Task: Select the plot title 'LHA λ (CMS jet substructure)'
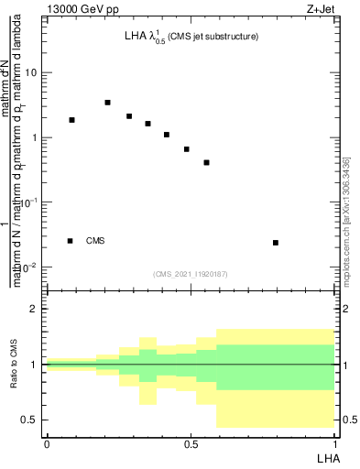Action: [x=191, y=37]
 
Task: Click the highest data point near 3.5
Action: [x=107, y=103]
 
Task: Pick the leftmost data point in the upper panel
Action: [x=71, y=120]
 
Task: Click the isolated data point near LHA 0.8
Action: [x=276, y=243]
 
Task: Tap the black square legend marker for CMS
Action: [x=70, y=241]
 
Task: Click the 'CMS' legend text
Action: [x=95, y=241]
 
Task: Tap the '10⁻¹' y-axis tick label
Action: [x=31, y=202]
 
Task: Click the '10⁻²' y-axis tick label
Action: [x=31, y=267]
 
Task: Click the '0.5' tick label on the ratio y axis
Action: [x=31, y=420]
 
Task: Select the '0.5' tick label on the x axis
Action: [x=191, y=444]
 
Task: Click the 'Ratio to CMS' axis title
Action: [x=14, y=365]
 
